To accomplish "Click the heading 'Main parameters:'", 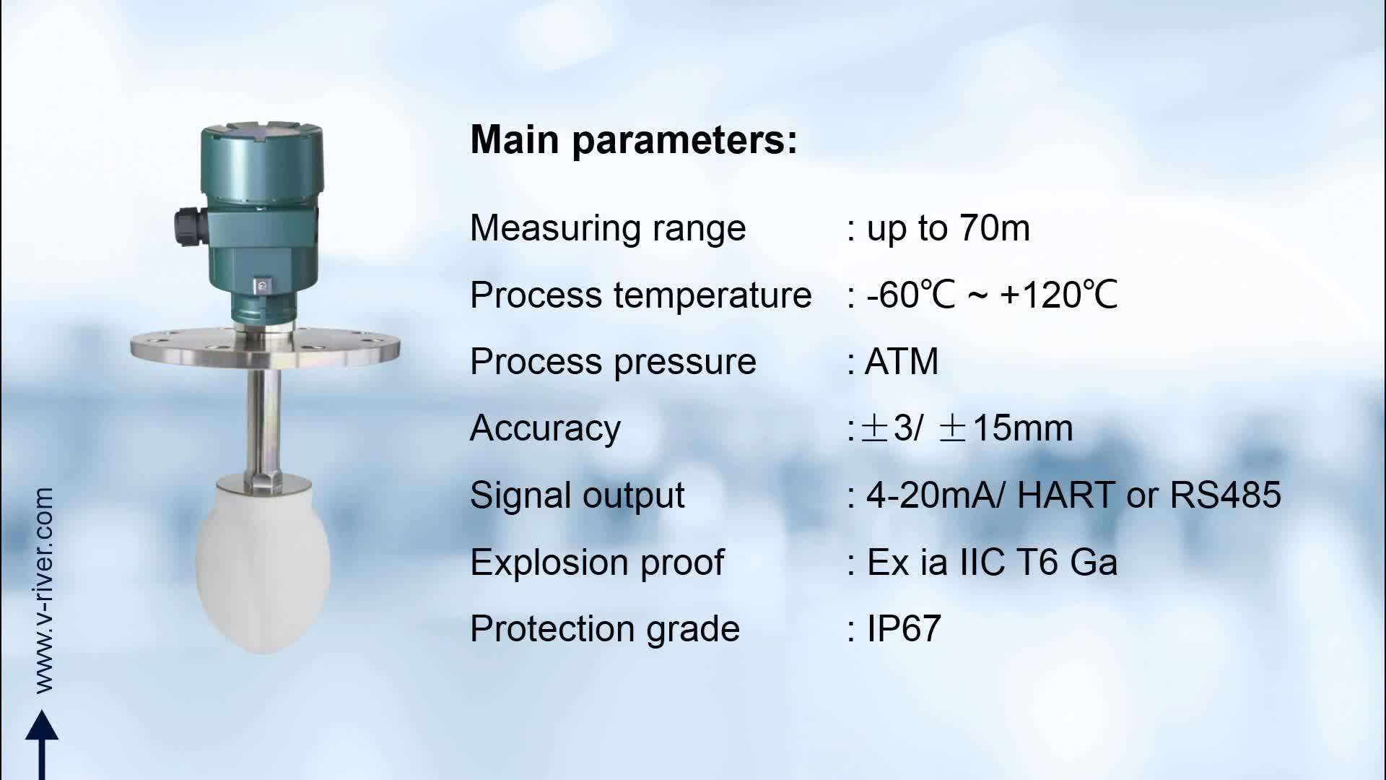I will click(633, 139).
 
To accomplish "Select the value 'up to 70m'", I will click(947, 228).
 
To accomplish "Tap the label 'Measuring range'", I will click(608, 228).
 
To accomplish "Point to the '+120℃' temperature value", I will click(1059, 295).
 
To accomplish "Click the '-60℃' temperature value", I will click(910, 295).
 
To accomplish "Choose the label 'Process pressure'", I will click(613, 362).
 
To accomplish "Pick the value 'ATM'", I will click(902, 362).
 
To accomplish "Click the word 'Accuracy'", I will click(545, 428).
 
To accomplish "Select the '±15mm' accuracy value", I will click(1006, 428).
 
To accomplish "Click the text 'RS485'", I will click(1225, 495).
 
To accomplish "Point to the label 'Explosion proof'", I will click(597, 562).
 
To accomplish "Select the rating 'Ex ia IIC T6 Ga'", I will click(992, 562).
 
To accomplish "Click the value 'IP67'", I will click(904, 628).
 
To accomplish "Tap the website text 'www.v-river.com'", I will click(43, 590).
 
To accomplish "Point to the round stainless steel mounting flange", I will click(265, 347).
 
